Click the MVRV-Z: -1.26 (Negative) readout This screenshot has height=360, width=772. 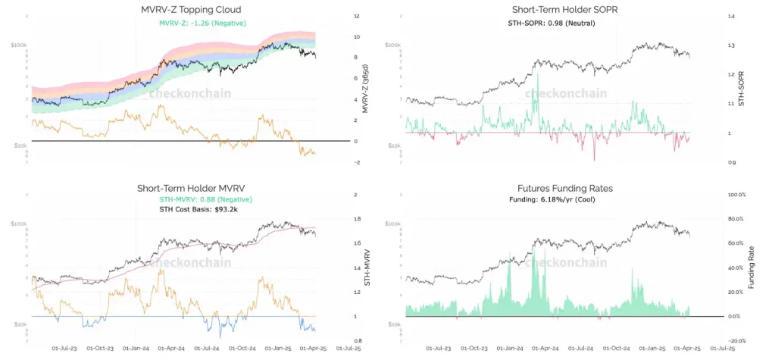pos(202,23)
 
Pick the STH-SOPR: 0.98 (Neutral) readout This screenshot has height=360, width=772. pos(551,23)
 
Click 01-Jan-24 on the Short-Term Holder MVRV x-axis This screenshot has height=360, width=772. pos(135,349)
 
